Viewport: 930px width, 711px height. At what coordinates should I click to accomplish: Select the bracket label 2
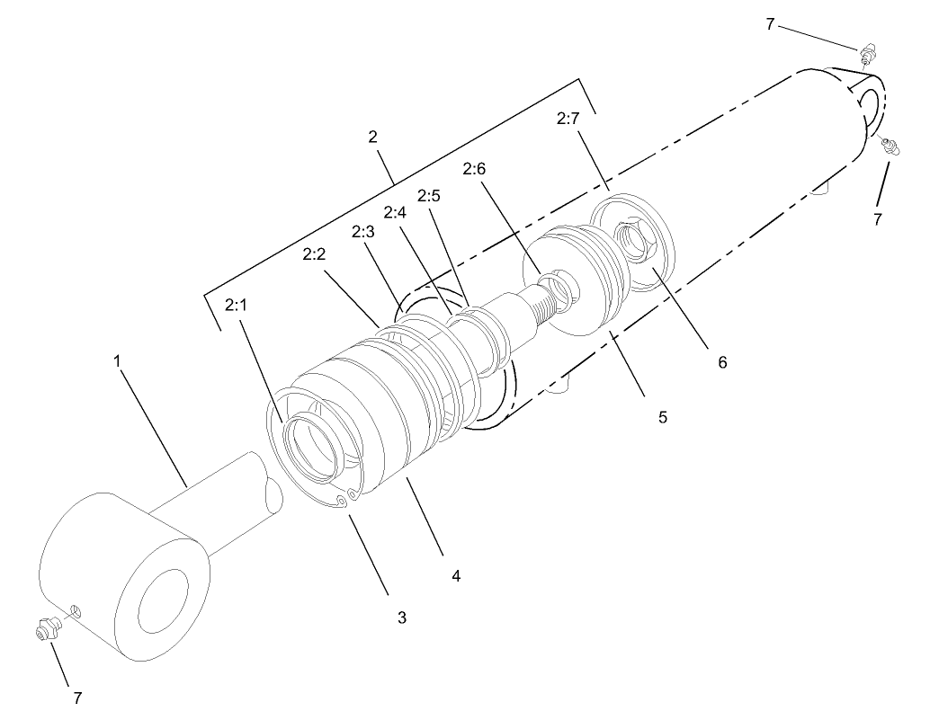pos(372,137)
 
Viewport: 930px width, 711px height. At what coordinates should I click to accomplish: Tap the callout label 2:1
pos(236,306)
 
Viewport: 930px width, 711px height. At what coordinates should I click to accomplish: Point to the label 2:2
pos(314,255)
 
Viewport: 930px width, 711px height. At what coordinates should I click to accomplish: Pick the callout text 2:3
pos(362,232)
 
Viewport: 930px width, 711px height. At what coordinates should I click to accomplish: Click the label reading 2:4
pos(395,213)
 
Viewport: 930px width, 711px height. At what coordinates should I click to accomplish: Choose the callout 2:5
pos(429,195)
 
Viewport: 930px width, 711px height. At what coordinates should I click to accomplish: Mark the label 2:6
pos(474,168)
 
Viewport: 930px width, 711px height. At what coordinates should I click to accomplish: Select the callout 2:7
pos(568,118)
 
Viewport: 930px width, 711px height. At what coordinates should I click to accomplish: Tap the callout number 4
pos(456,575)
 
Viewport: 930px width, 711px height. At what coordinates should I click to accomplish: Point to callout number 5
pos(662,417)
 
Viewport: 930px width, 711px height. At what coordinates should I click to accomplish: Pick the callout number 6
pos(721,362)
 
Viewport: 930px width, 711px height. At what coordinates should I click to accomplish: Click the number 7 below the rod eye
pos(77,697)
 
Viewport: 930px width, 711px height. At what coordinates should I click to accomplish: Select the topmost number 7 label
pos(770,24)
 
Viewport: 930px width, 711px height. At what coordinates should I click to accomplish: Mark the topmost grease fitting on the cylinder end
pos(867,53)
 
